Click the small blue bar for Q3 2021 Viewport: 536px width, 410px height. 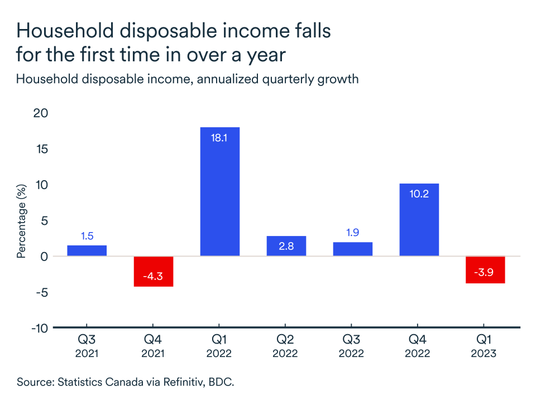click(87, 250)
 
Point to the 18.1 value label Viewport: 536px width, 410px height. click(219, 137)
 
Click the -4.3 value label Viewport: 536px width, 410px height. click(153, 277)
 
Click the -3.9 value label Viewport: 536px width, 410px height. click(485, 273)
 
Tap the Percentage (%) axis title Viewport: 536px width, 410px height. click(22, 221)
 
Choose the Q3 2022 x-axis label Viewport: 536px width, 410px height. click(352, 346)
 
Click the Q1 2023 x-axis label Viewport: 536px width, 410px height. click(485, 346)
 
